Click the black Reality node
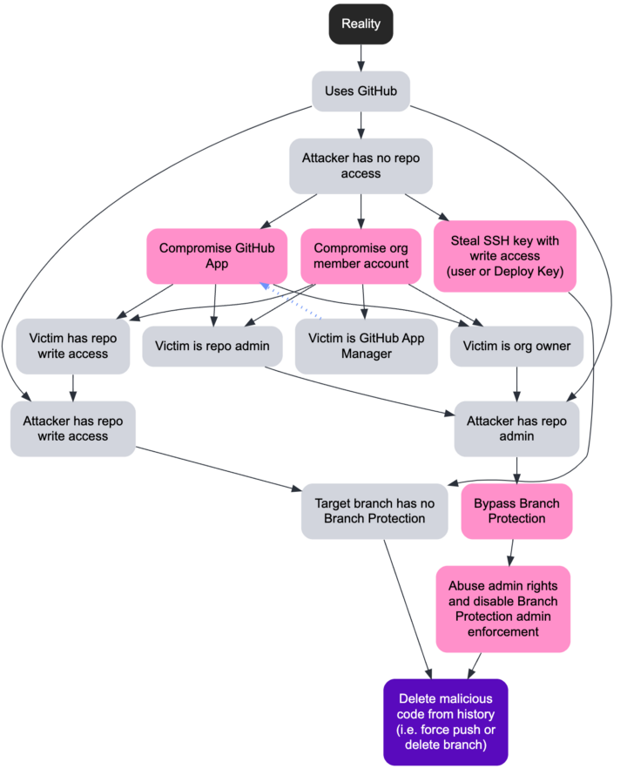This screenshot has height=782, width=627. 361,24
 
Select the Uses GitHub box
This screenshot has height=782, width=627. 361,91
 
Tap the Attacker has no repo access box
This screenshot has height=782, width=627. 361,165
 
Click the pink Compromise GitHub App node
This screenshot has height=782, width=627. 217,256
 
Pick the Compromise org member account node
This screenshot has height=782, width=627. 361,256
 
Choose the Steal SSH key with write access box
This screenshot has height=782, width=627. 504,256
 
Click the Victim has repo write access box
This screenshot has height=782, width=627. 73,346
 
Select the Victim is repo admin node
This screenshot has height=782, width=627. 212,346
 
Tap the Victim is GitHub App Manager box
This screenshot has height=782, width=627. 366,346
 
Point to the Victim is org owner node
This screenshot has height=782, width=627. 517,346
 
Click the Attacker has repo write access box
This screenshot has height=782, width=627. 73,428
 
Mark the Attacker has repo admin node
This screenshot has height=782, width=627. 516,428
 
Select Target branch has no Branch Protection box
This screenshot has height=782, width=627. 374,510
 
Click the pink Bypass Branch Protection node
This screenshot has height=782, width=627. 516,510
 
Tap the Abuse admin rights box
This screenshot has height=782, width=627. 502,608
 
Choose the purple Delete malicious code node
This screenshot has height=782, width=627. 445,722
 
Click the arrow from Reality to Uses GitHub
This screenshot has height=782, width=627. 361,57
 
